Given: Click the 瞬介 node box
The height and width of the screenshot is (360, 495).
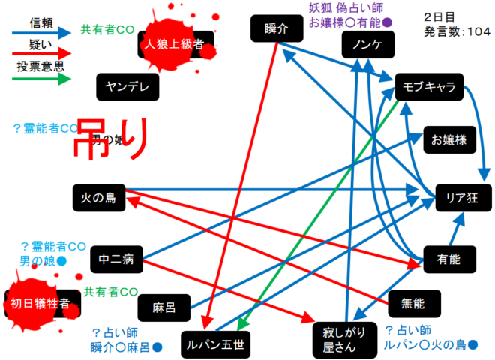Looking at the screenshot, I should coord(277,30).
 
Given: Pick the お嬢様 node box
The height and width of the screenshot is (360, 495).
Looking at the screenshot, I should coord(449,139).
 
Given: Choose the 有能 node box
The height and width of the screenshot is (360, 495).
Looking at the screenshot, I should coord(450,259).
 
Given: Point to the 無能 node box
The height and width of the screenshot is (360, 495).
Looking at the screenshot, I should coord(413,303).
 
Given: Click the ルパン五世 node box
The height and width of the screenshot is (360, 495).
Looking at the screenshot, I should coord(216,344).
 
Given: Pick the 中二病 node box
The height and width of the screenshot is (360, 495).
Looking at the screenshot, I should coord(115,260).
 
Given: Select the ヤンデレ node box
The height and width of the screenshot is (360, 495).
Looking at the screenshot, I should coord(127,86).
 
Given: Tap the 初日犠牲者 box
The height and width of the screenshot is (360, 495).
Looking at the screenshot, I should coord(41,303).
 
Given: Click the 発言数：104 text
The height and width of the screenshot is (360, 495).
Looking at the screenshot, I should coord(457,31).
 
